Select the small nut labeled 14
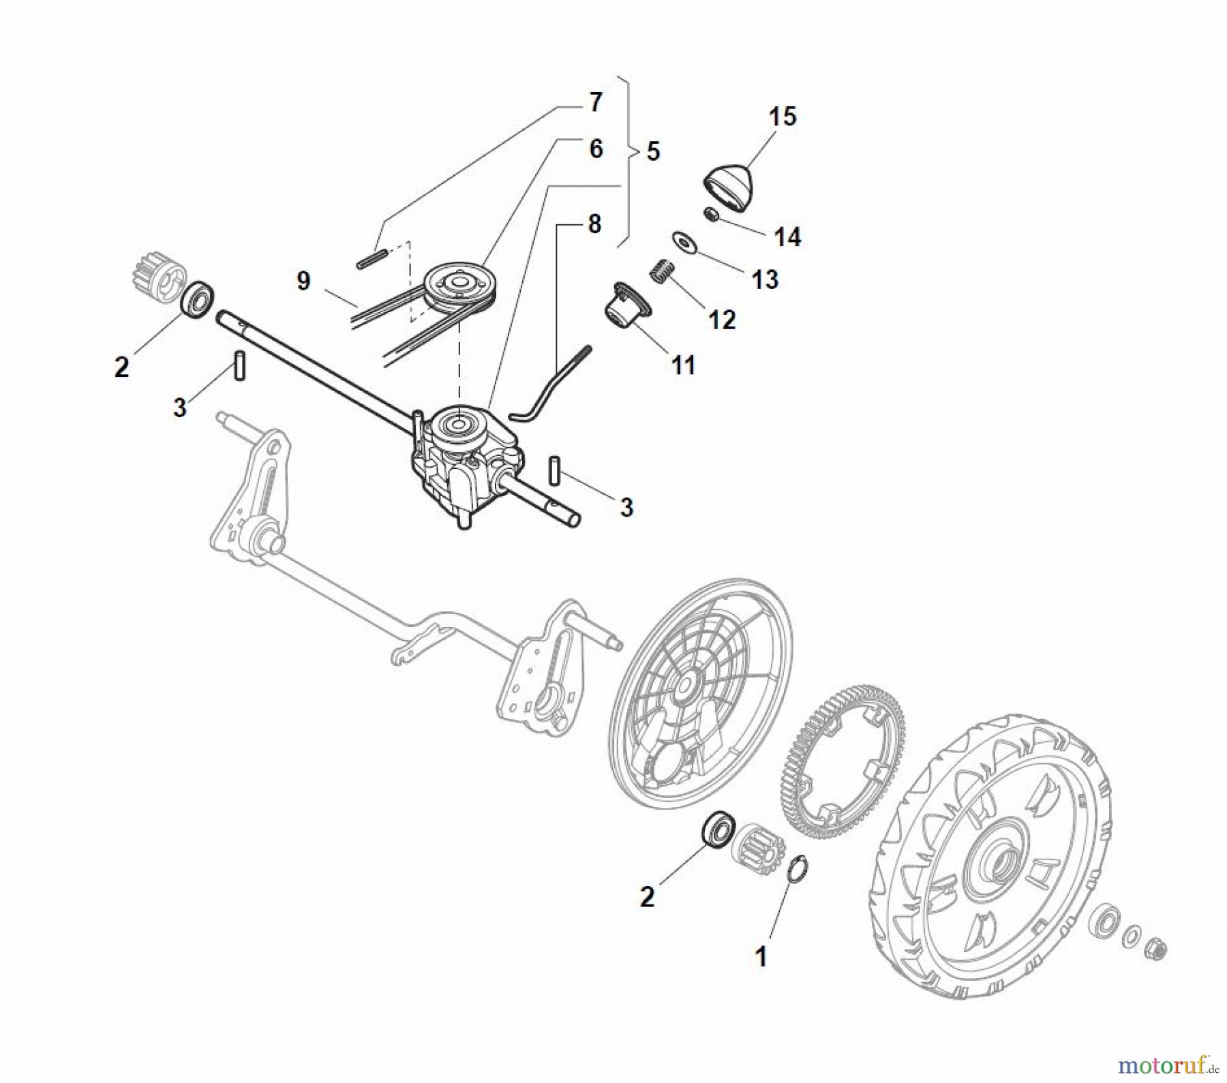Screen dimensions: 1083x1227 [x=711, y=215]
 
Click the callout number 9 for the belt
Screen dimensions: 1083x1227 [x=303, y=281]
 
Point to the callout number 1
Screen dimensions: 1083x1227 [x=761, y=956]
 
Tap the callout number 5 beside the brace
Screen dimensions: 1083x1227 [x=652, y=151]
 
